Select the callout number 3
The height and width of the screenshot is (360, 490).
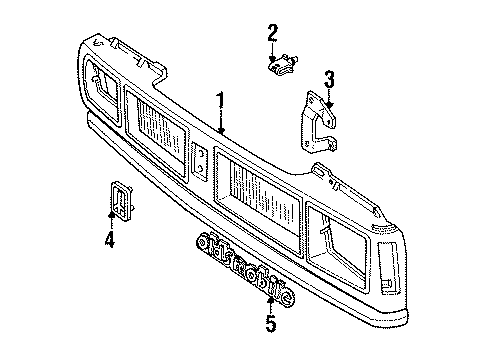coord(328,77)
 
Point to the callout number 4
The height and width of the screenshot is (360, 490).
coord(110,239)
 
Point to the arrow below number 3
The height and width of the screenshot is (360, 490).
coord(328,97)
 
